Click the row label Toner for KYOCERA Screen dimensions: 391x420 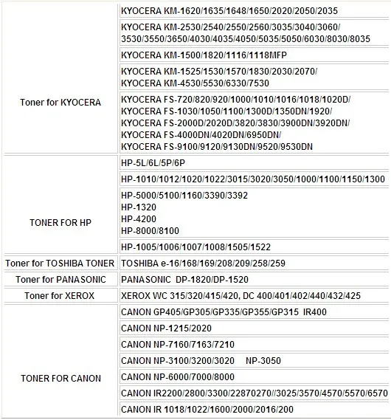pos(60,102)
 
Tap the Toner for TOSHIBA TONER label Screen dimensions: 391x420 pos(59,264)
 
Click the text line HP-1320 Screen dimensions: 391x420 pos(137,207)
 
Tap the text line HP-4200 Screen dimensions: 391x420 pos(137,219)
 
